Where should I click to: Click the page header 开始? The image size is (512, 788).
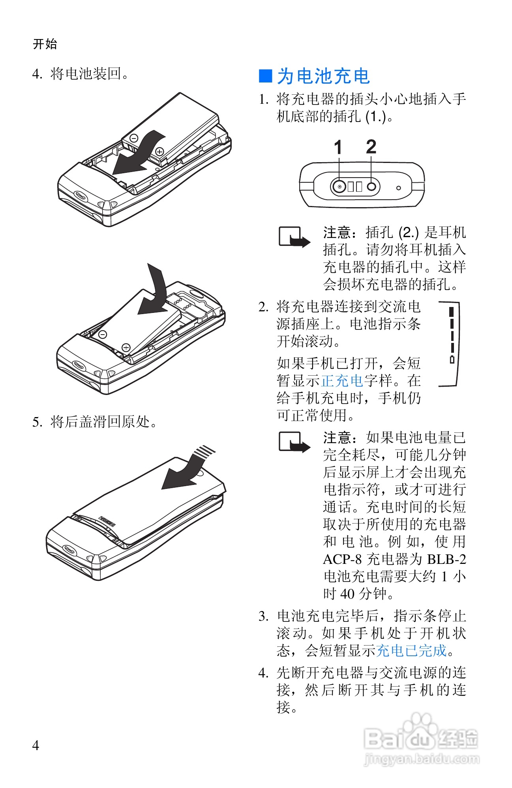[45, 44]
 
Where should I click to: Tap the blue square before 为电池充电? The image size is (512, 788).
[265, 76]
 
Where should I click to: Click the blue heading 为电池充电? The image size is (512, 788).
[323, 76]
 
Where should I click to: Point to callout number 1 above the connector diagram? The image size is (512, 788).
[338, 148]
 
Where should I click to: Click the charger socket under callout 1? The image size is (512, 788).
[339, 186]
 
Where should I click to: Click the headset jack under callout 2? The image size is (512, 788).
[371, 186]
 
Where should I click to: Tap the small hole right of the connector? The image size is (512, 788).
[398, 188]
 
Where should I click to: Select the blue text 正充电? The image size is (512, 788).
[342, 380]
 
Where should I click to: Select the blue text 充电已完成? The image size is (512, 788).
[411, 650]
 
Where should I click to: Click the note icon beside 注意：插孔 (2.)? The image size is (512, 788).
[294, 237]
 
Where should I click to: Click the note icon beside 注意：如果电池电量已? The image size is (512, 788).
[294, 442]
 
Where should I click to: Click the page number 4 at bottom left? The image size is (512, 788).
[36, 745]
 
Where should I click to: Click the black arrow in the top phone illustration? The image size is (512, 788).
[136, 156]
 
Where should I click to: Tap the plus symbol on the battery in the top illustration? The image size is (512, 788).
[159, 151]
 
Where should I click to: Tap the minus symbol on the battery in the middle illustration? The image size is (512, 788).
[103, 334]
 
